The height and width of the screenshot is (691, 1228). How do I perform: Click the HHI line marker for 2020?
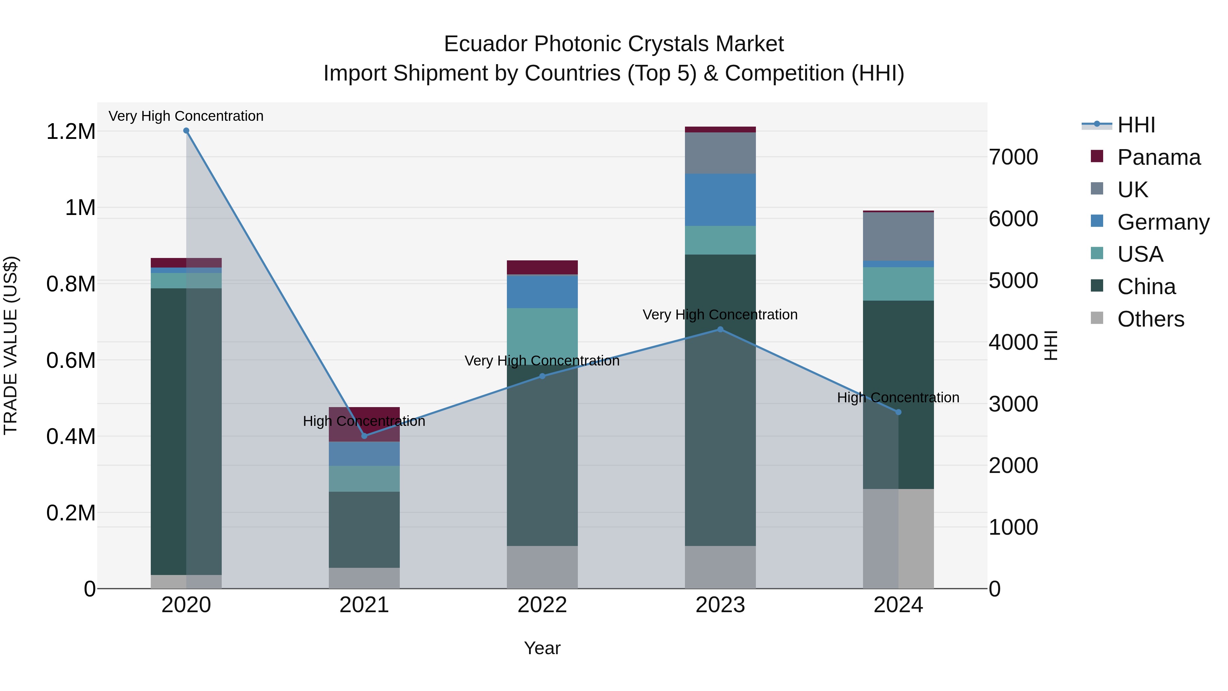coord(186,131)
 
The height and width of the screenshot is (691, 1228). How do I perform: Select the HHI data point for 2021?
coord(364,435)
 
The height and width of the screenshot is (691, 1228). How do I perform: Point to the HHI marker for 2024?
coord(898,412)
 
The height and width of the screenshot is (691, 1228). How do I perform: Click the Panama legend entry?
coord(1158,157)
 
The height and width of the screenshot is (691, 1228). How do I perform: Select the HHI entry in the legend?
coord(1136,125)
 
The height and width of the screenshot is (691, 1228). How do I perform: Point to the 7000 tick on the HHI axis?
coord(1013,157)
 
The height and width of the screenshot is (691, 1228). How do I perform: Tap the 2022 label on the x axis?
coord(542,605)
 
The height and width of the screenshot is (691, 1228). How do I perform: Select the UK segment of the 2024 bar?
coord(898,236)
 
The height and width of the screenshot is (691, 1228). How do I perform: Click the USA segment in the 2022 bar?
coord(542,331)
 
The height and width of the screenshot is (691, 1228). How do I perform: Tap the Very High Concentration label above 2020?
coord(186,116)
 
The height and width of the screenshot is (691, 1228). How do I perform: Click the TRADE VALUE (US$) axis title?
coord(11,345)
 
